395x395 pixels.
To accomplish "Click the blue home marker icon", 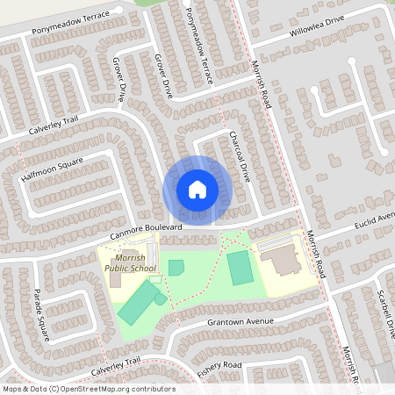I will click(x=197, y=189).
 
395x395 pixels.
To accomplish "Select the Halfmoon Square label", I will click(x=52, y=172).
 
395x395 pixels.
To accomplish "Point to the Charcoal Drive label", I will click(x=240, y=156).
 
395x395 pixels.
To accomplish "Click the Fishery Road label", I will click(x=219, y=369).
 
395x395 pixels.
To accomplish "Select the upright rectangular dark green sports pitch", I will click(x=239, y=267).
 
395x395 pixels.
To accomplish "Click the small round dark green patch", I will click(x=161, y=298).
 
